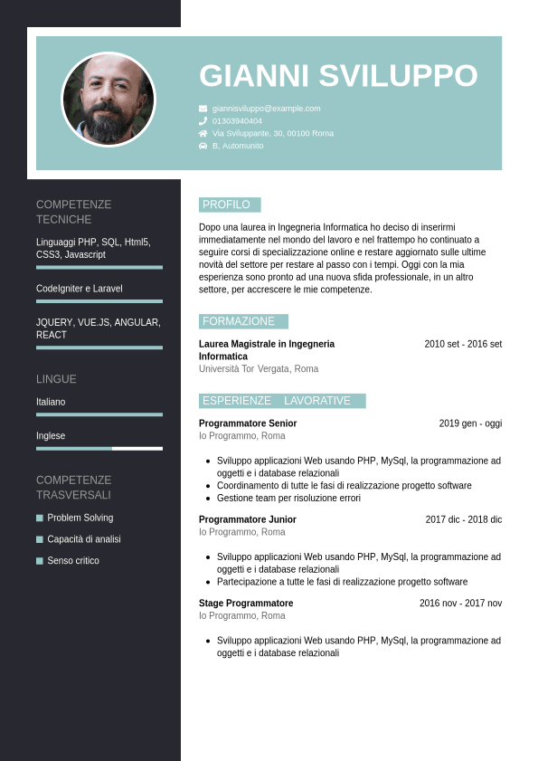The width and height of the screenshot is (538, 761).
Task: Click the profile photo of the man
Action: (109, 100)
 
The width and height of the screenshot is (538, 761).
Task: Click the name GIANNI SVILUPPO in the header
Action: (338, 76)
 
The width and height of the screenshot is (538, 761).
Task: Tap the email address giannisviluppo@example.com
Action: (266, 109)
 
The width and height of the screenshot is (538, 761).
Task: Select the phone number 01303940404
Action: (237, 121)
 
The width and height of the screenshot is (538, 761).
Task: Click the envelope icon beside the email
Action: (203, 109)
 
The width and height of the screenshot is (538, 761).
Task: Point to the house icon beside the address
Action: (203, 133)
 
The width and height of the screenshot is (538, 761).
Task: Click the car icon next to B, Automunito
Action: (203, 146)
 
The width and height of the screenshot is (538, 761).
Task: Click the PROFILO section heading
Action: (227, 205)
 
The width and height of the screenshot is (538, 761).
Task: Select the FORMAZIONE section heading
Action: (240, 321)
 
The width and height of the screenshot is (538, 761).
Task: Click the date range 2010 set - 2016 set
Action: (463, 344)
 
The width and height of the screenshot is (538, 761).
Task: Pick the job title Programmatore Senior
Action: (248, 423)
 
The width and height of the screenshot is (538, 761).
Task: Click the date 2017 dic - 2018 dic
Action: (463, 519)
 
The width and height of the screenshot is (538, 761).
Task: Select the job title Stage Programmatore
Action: (246, 604)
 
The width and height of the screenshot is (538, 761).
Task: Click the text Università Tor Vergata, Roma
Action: (259, 369)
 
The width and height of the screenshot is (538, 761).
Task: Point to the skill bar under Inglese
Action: (99, 448)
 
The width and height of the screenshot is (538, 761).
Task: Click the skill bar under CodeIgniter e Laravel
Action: (99, 301)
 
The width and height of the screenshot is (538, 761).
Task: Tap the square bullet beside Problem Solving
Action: (40, 518)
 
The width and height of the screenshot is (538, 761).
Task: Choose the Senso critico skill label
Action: (73, 561)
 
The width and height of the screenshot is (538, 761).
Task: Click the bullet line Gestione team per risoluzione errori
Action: (288, 498)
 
